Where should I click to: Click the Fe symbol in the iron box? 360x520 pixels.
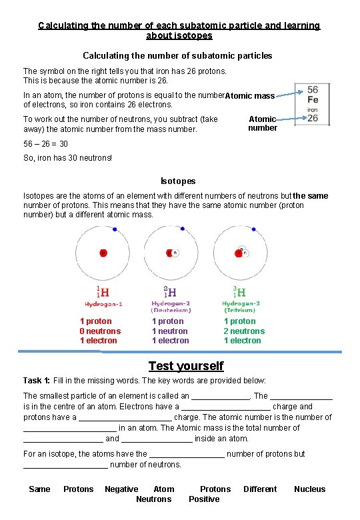coord(313,99)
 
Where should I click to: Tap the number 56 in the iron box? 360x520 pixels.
coord(313,89)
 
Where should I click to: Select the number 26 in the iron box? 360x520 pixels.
coord(313,119)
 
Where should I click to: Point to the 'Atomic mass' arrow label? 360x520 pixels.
coord(250,96)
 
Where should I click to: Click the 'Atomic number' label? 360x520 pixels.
coord(263,123)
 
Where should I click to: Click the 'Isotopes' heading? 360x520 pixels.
coord(178,181)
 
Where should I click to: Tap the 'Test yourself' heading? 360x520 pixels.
coord(186,366)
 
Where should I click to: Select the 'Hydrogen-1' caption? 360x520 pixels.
coord(103,303)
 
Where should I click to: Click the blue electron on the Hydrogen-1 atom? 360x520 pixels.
coord(115,230)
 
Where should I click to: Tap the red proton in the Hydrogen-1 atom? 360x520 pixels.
coord(103,253)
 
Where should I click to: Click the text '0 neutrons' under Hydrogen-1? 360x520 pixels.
coord(101,331)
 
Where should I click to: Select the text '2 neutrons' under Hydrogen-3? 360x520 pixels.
coord(244,331)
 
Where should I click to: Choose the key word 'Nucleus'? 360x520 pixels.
coord(310,489)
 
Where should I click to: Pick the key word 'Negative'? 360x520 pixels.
coord(121,489)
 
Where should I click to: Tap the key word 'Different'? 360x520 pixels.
coord(260,489)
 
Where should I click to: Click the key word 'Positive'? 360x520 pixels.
coord(204,499)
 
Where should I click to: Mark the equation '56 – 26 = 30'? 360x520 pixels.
coord(45,144)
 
